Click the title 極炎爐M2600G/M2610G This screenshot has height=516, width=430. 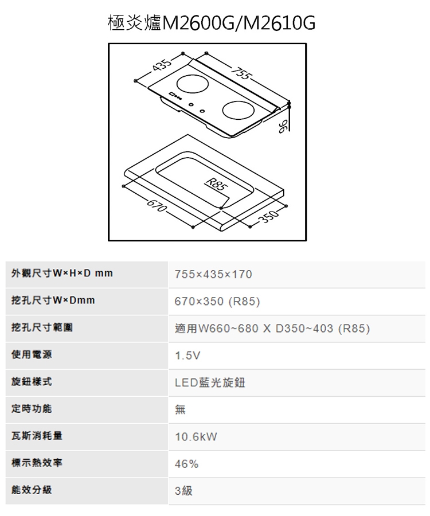[212, 24]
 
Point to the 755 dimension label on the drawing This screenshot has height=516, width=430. [242, 73]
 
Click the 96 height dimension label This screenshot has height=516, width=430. [283, 126]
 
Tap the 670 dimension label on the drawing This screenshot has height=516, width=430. [157, 206]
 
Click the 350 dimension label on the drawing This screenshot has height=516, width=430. [269, 217]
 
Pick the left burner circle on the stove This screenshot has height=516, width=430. [193, 84]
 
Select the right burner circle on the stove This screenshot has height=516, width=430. [239, 109]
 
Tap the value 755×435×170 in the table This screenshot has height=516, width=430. [213, 274]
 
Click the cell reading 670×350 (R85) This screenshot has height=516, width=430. [217, 301]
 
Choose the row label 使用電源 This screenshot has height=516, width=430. [32, 354]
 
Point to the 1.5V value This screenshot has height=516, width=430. [187, 355]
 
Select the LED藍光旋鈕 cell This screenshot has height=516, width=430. [210, 382]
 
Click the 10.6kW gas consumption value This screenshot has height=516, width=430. [196, 437]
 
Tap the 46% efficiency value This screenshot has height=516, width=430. [186, 464]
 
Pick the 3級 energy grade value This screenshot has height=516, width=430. [183, 491]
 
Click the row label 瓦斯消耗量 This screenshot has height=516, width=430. [37, 436]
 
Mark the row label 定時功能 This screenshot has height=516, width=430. [32, 409]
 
